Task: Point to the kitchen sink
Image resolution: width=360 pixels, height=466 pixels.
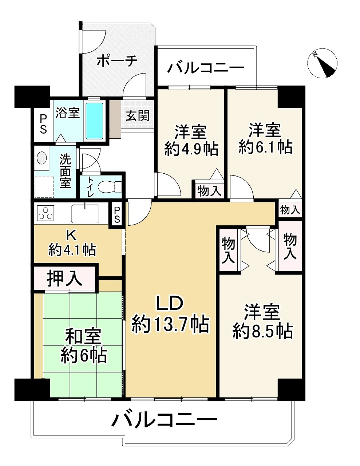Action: point(85,213)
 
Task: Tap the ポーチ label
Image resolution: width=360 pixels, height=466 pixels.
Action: point(116,61)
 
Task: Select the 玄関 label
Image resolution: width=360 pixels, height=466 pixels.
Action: point(137,116)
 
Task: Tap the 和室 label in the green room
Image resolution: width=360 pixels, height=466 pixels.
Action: point(83,337)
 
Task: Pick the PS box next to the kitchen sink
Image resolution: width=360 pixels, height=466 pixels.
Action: point(117,215)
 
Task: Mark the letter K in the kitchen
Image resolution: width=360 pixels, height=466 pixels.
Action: point(71,236)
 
